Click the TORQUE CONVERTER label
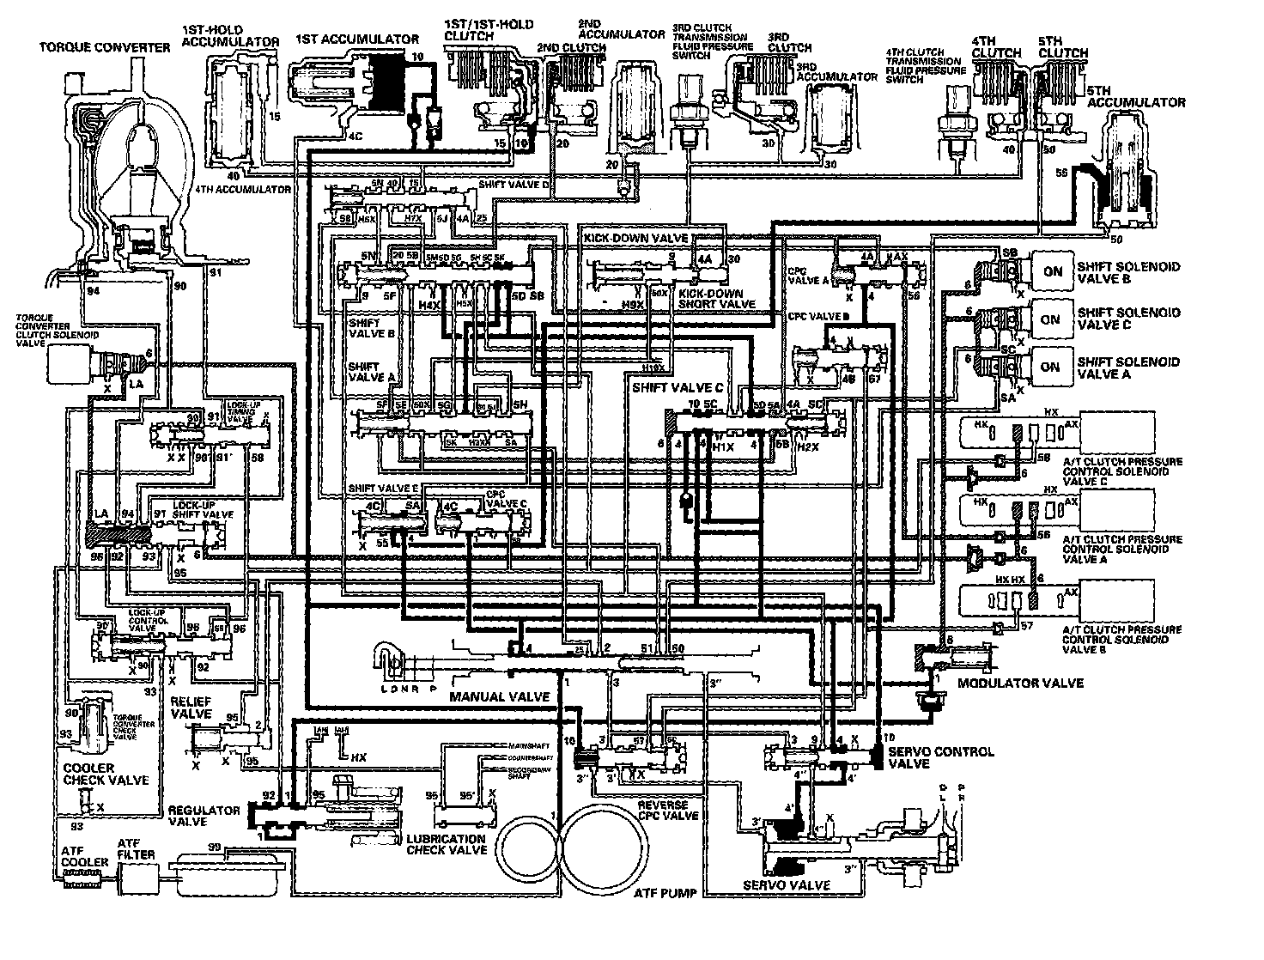tap(105, 48)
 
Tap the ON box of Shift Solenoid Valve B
tap(1052, 271)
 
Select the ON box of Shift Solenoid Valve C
tap(1050, 319)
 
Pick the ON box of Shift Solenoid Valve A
tap(1050, 367)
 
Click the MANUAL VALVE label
tap(499, 697)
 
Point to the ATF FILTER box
tap(137, 878)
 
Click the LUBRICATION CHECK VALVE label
tap(447, 844)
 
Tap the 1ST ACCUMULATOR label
tap(356, 39)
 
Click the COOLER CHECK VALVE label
tap(106, 774)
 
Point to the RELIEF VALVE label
tap(191, 708)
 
